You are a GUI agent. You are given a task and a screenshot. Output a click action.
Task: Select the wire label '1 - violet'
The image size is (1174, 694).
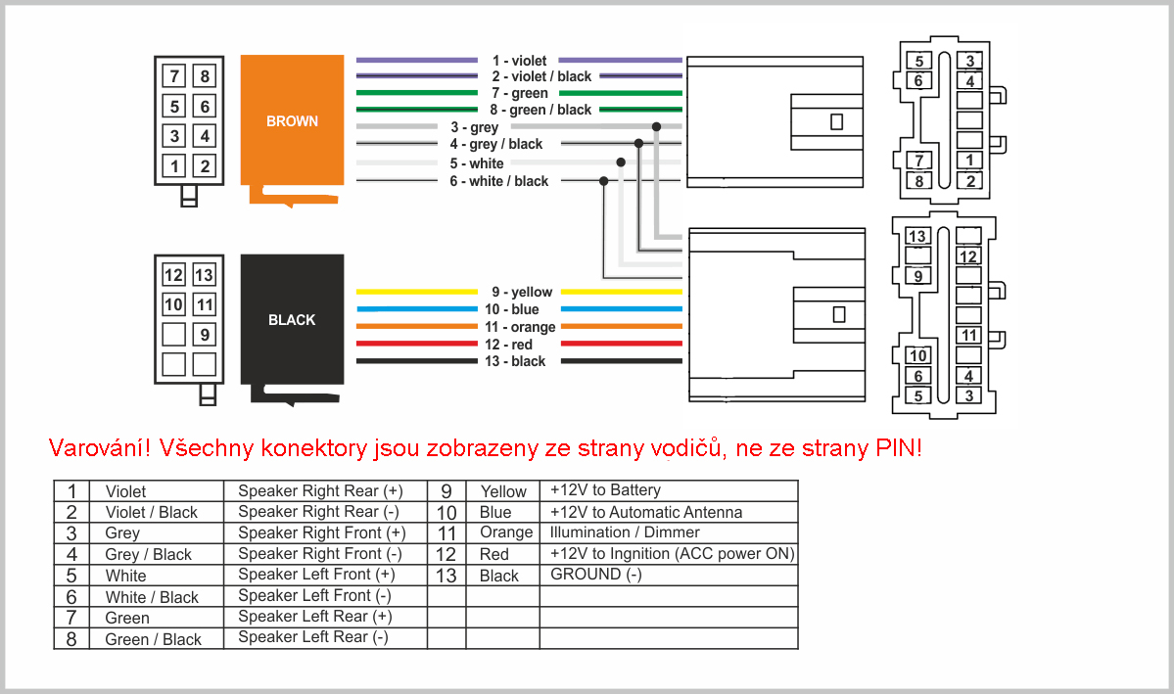pos(519,61)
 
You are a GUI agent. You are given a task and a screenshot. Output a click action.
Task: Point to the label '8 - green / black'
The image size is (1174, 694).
pos(540,110)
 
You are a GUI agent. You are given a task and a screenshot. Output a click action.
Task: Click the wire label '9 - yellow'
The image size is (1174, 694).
pos(522,292)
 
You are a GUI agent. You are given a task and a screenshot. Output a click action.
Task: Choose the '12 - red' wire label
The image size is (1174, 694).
pos(508,345)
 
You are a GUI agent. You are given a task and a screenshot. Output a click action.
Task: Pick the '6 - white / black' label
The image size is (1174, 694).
pos(498,181)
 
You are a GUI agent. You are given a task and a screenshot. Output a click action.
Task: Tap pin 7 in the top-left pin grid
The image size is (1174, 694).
pos(174,76)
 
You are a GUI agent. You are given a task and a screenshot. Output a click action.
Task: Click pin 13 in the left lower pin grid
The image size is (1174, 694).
pos(204,275)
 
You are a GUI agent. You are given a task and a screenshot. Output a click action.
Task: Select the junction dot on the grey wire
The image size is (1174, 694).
pos(657,126)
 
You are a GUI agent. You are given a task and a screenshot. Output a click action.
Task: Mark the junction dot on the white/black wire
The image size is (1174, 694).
pos(603,180)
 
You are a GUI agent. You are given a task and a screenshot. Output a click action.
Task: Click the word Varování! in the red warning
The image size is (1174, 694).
pos(100,447)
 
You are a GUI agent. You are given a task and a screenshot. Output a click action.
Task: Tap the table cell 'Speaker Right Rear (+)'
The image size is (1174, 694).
pos(320,491)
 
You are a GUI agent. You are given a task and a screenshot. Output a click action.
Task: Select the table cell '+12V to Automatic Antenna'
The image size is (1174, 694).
pos(646,512)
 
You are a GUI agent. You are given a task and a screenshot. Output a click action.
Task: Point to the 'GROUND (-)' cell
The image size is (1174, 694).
pos(596,575)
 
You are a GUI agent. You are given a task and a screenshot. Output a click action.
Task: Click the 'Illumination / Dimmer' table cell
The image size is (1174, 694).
pos(625,532)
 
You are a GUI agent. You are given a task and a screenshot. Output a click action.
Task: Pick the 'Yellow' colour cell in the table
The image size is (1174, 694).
pos(503,491)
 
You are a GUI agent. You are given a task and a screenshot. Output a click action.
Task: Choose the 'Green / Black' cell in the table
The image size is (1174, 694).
pos(154,639)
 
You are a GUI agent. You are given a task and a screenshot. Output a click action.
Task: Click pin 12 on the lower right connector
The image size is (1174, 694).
pos(968,256)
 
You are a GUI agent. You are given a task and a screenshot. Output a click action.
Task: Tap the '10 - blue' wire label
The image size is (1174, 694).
pos(511,309)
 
